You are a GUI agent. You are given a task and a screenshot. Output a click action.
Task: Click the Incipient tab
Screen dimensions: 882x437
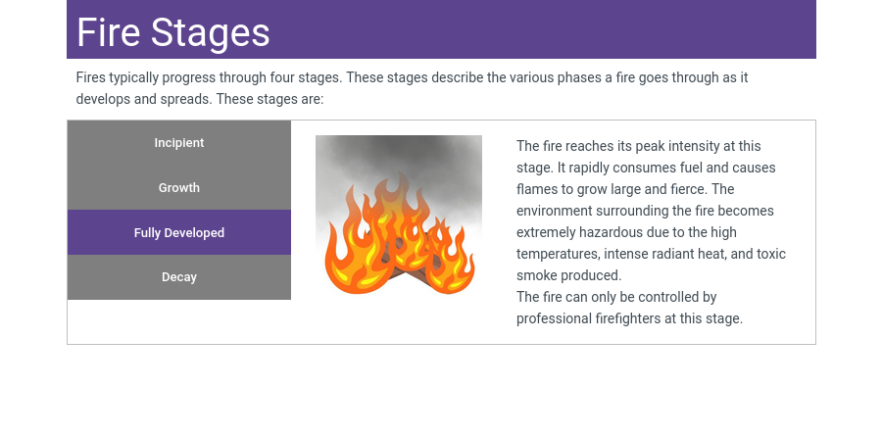tap(179, 143)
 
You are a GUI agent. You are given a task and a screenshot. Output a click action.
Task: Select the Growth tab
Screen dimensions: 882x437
tap(179, 187)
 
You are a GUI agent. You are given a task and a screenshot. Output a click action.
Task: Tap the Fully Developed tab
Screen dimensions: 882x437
tap(179, 232)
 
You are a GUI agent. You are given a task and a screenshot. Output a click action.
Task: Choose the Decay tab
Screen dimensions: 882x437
tap(179, 277)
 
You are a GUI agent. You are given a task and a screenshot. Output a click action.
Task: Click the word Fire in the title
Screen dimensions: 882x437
tap(108, 32)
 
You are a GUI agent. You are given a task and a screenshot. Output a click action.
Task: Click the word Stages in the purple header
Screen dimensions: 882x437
tap(210, 33)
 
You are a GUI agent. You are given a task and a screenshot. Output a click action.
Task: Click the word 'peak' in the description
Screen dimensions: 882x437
tap(649, 147)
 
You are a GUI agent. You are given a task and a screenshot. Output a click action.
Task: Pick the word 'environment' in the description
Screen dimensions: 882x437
tap(554, 211)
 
